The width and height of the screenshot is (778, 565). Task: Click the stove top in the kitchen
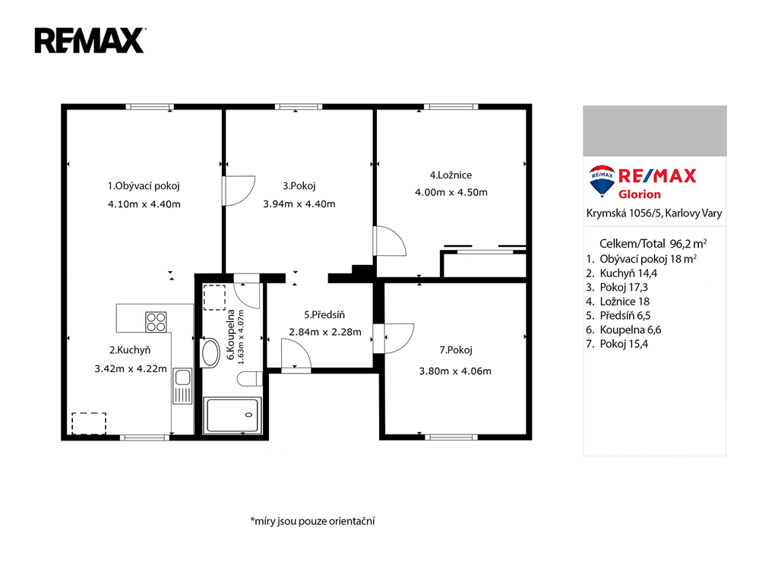[156, 321]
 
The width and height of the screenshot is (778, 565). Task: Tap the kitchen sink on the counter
[182, 386]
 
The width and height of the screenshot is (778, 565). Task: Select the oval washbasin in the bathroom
[210, 353]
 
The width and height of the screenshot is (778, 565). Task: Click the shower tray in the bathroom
[232, 415]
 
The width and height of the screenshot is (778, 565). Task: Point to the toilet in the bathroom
[249, 379]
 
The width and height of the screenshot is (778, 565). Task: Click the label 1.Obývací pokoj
[144, 186]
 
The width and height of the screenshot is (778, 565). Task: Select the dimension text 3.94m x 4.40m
[299, 204]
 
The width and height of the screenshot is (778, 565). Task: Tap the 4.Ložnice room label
[451, 175]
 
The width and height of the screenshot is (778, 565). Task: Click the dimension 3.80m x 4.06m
[455, 371]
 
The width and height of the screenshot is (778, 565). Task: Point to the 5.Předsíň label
[324, 314]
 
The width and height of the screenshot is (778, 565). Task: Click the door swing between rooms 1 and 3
[239, 191]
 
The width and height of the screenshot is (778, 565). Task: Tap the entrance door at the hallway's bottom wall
[296, 355]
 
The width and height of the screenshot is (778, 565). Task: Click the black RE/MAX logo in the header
[90, 40]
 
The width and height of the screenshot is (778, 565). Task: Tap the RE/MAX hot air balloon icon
[602, 181]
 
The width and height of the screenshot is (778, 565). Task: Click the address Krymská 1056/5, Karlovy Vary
[654, 213]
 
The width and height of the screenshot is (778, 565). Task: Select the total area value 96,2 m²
[688, 244]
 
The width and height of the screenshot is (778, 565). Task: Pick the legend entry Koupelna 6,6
[630, 330]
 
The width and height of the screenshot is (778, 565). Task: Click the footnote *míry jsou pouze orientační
[312, 521]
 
